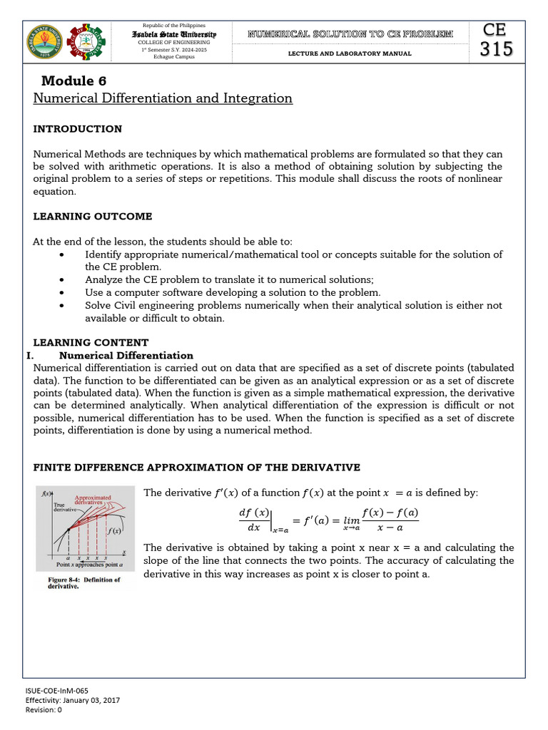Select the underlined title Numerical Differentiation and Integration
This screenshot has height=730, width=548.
coord(163,98)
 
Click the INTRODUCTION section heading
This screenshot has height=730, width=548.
coord(78,129)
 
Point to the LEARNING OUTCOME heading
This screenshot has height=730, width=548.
coord(93,216)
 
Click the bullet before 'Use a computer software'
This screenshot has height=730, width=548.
coord(65,293)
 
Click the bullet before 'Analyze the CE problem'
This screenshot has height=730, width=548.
coord(65,280)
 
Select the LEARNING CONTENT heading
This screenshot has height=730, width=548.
coord(91,343)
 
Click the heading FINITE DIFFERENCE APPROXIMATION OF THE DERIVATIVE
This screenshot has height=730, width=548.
coord(197,467)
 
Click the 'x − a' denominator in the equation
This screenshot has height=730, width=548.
coord(390,528)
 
